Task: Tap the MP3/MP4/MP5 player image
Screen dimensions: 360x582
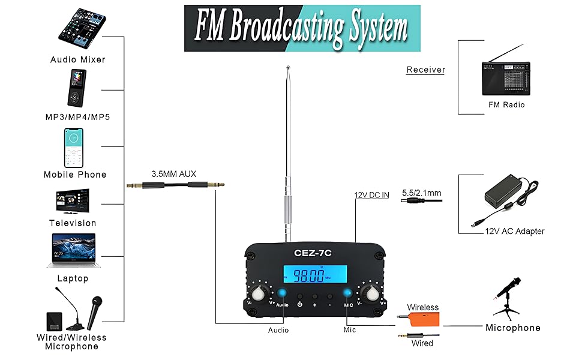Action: [x=76, y=88]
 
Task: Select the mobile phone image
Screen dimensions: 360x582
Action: [x=75, y=148]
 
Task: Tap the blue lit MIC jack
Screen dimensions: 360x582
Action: [x=347, y=293]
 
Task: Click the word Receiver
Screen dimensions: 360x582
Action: [x=425, y=70]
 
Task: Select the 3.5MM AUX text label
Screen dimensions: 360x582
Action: [x=173, y=174]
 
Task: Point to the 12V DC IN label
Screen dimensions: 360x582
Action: [x=371, y=195]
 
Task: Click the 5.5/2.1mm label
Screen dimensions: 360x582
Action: [x=421, y=193]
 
